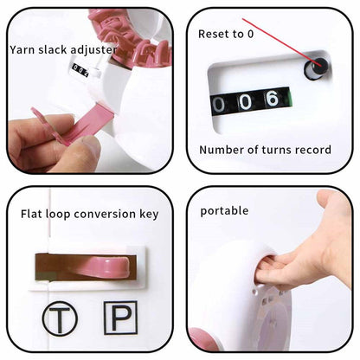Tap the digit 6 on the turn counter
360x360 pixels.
pos(273,99)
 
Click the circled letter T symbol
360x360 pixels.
pos(60,318)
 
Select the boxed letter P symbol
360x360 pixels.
pos(120,318)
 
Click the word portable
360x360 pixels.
pos(224,211)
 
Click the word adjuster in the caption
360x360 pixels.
pos(94,49)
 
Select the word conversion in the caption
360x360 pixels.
pos(105,214)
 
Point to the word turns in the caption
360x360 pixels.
pos(276,150)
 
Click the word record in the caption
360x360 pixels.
pos(313,150)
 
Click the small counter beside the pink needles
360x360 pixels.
pos(80,70)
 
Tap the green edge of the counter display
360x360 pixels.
pos(290,99)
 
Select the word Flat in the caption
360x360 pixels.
pos(31,214)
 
